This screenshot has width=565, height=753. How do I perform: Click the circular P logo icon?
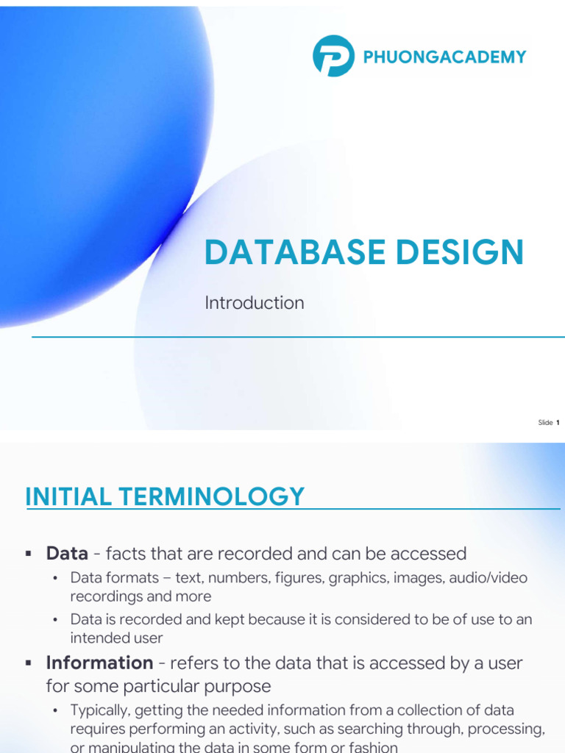point(333,56)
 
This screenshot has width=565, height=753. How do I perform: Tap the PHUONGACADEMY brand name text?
point(444,57)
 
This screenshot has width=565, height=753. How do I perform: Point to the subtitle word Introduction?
point(254,303)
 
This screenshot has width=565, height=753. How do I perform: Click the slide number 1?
point(558,423)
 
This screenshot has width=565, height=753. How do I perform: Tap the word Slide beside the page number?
point(545,423)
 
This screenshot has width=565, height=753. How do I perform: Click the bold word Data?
point(67,553)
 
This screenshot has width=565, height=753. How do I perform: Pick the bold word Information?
point(99,663)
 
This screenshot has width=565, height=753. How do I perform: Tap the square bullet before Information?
point(28,663)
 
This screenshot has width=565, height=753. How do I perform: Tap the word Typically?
point(99,710)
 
